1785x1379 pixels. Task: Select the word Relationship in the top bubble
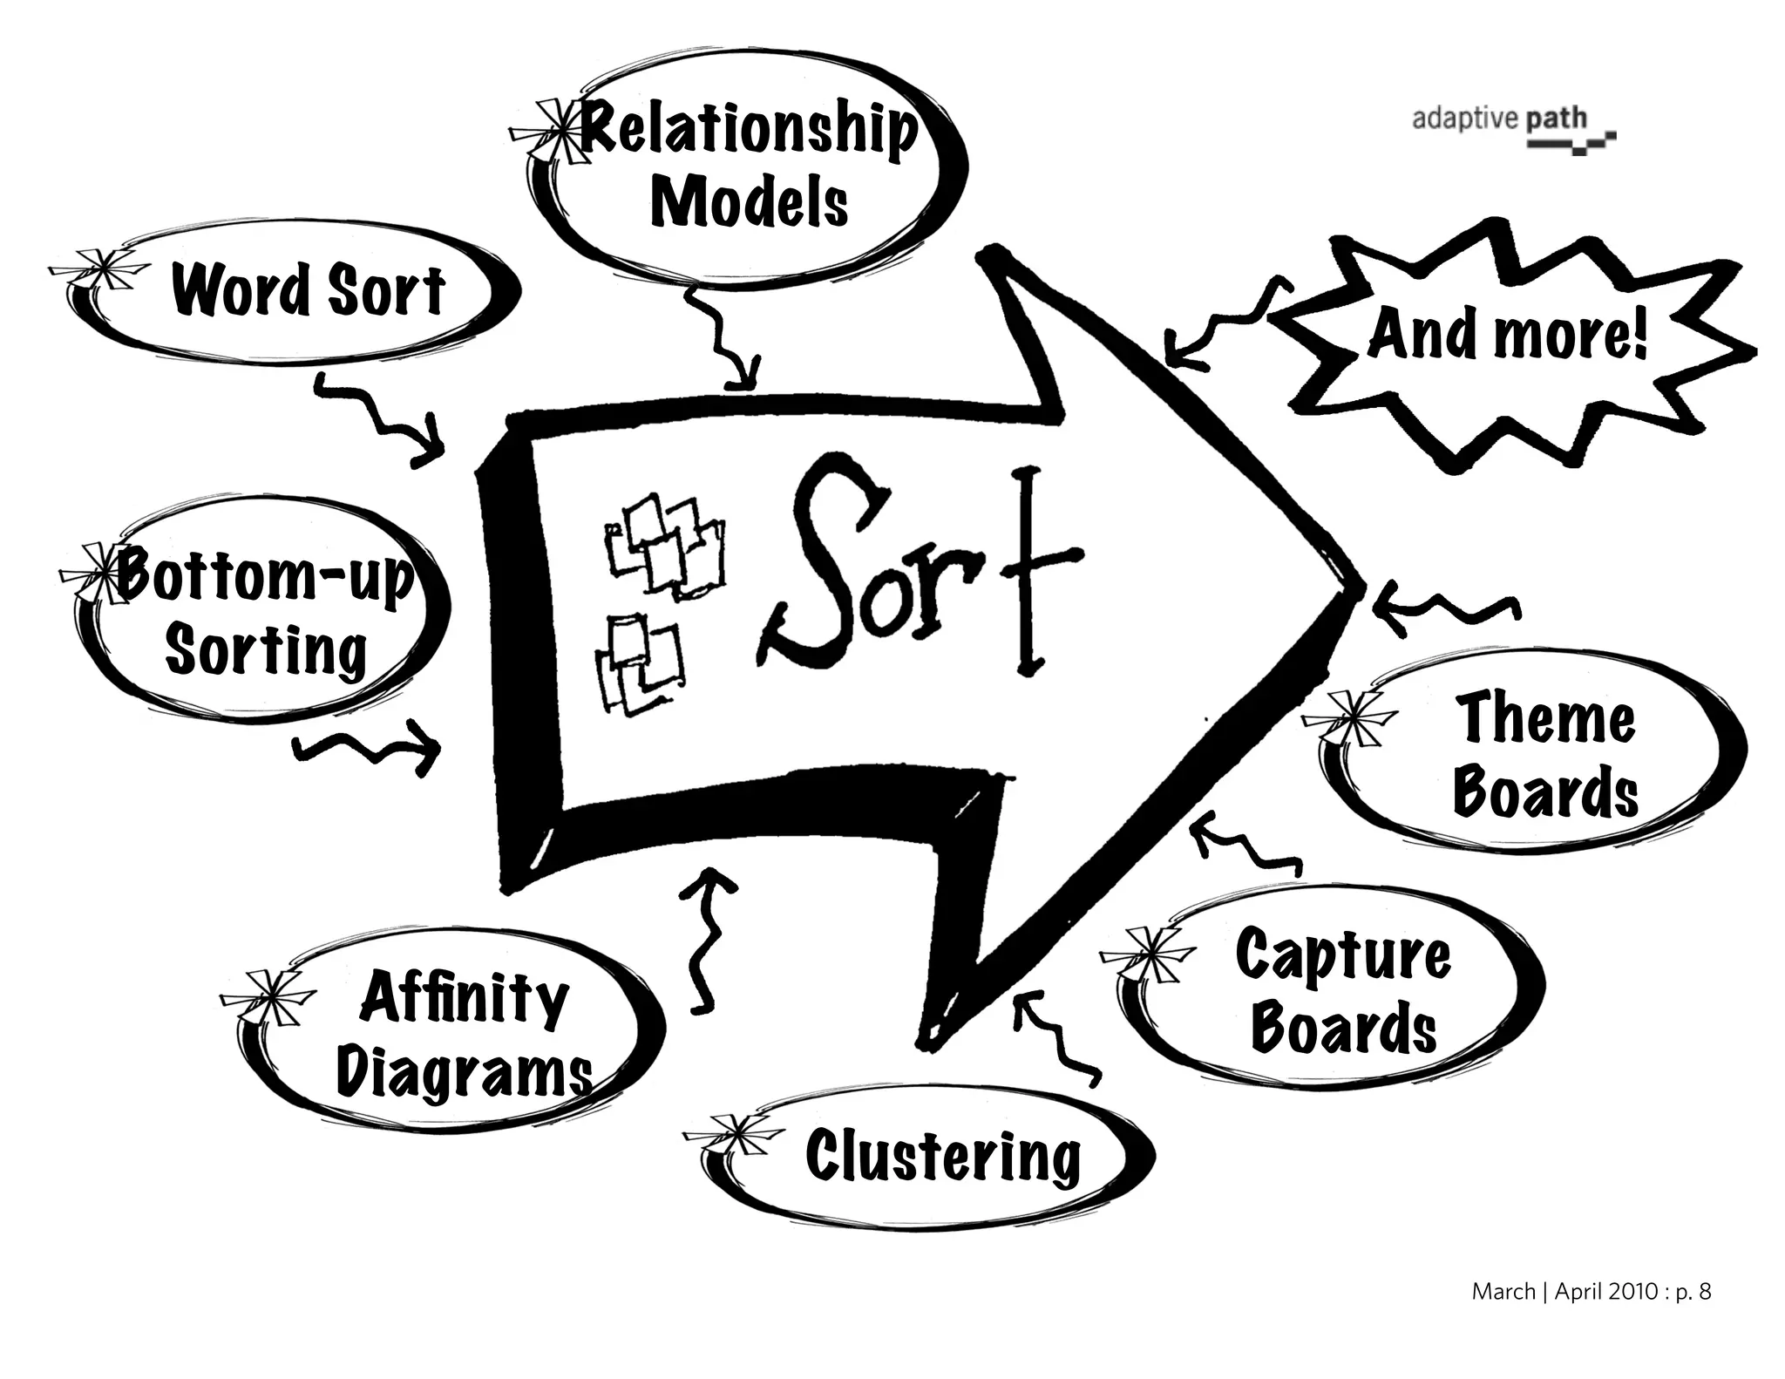(748, 131)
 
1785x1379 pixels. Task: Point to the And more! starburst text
(1508, 336)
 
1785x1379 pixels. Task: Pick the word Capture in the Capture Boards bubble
(1343, 954)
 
